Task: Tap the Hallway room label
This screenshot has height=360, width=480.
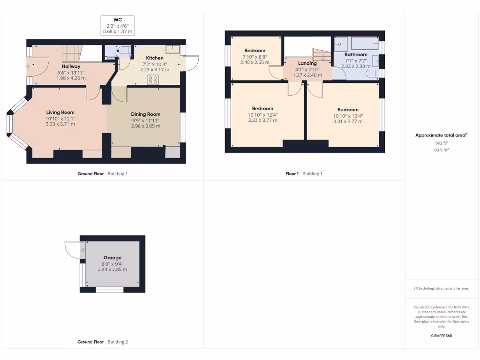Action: point(71,67)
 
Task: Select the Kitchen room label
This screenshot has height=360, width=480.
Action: point(155,58)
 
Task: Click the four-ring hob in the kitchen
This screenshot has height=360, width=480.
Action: point(153,79)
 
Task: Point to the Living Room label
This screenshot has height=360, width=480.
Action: point(60,112)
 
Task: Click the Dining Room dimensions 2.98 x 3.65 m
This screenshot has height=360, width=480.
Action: point(146,126)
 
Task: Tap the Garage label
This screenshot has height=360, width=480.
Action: point(112,258)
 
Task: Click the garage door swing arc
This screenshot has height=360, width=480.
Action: point(72,250)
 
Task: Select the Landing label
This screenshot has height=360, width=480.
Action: point(307,63)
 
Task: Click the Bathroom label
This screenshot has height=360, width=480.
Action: point(356,55)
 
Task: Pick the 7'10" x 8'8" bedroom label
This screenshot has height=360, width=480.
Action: point(255,51)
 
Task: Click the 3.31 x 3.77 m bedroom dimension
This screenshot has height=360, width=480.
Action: point(348,121)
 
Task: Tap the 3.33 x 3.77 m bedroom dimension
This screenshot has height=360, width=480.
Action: point(262,120)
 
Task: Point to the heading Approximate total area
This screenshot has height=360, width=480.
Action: point(441,135)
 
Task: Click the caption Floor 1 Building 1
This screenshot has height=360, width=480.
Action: point(304,174)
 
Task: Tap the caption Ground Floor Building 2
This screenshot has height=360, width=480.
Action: point(102,342)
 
